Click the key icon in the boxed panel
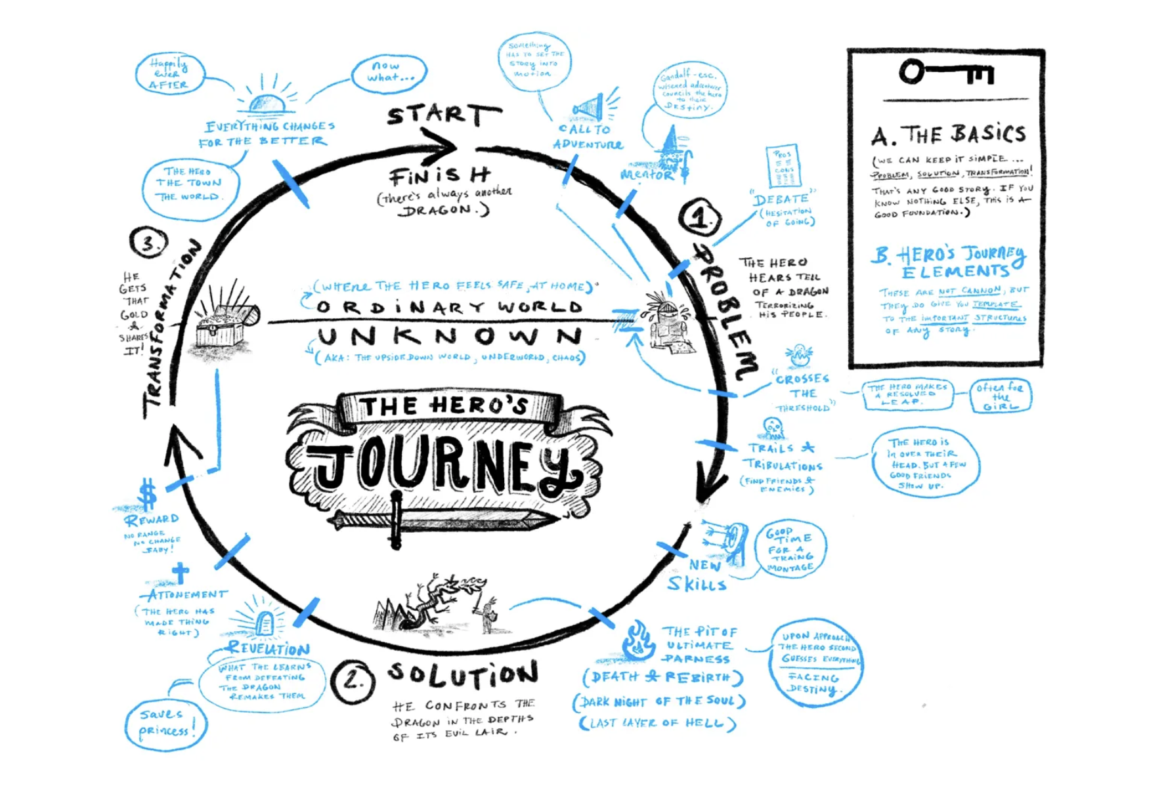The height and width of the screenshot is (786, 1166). tap(945, 72)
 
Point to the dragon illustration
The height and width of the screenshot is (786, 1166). tap(433, 600)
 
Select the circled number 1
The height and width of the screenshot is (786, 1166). tap(700, 218)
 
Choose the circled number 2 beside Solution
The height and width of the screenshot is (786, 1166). tap(353, 681)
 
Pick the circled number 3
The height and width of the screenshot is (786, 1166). tap(149, 243)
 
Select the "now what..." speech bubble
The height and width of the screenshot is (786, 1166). tap(389, 73)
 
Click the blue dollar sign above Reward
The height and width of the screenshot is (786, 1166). tap(148, 493)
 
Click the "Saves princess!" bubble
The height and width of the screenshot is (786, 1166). tap(166, 724)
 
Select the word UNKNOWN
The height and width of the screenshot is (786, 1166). tap(449, 337)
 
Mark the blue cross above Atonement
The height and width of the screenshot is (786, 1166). tap(181, 572)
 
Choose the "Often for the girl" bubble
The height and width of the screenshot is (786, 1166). tap(1000, 396)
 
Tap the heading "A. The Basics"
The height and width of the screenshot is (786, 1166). tap(948, 135)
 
